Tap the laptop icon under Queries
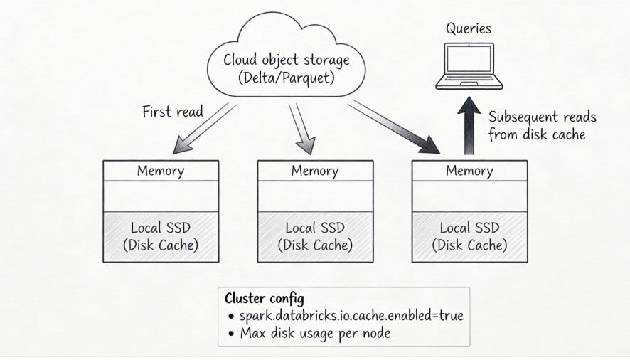tap(468, 68)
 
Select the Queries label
tap(468, 29)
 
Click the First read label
tap(172, 112)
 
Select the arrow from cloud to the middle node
tap(301, 128)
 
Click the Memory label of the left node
tap(161, 171)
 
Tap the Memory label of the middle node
tap(315, 171)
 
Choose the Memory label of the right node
tap(469, 171)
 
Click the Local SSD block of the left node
tap(161, 237)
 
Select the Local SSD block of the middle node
tap(315, 237)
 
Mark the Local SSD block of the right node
tap(469, 237)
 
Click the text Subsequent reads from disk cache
tap(542, 125)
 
